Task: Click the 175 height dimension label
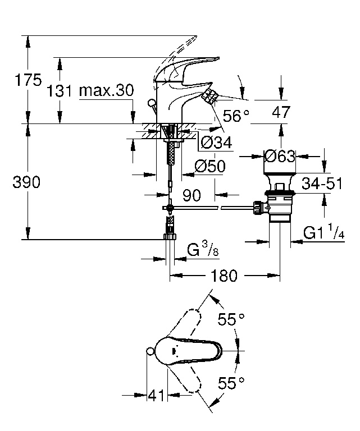(29, 80)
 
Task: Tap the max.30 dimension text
(106, 90)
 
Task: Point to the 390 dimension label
(26, 182)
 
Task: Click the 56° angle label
(236, 116)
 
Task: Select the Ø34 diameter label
(216, 143)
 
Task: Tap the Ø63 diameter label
(280, 157)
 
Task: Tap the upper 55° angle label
(231, 320)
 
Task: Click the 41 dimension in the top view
(157, 396)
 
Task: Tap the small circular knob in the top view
(149, 352)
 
